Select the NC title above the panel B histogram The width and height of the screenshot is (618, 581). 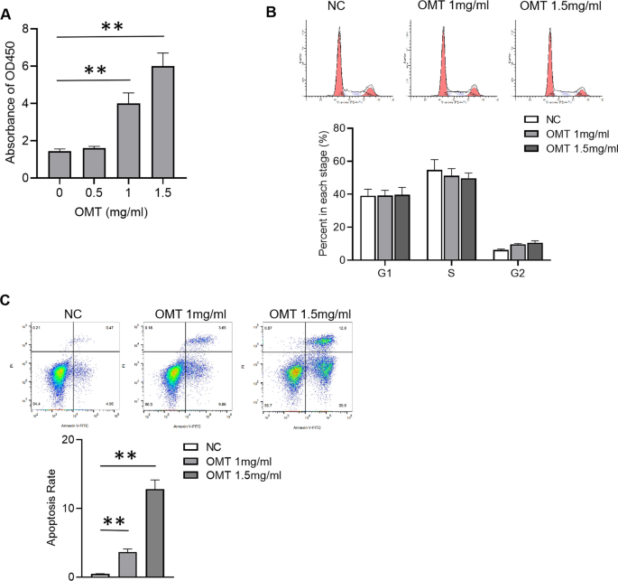[x=337, y=10]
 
